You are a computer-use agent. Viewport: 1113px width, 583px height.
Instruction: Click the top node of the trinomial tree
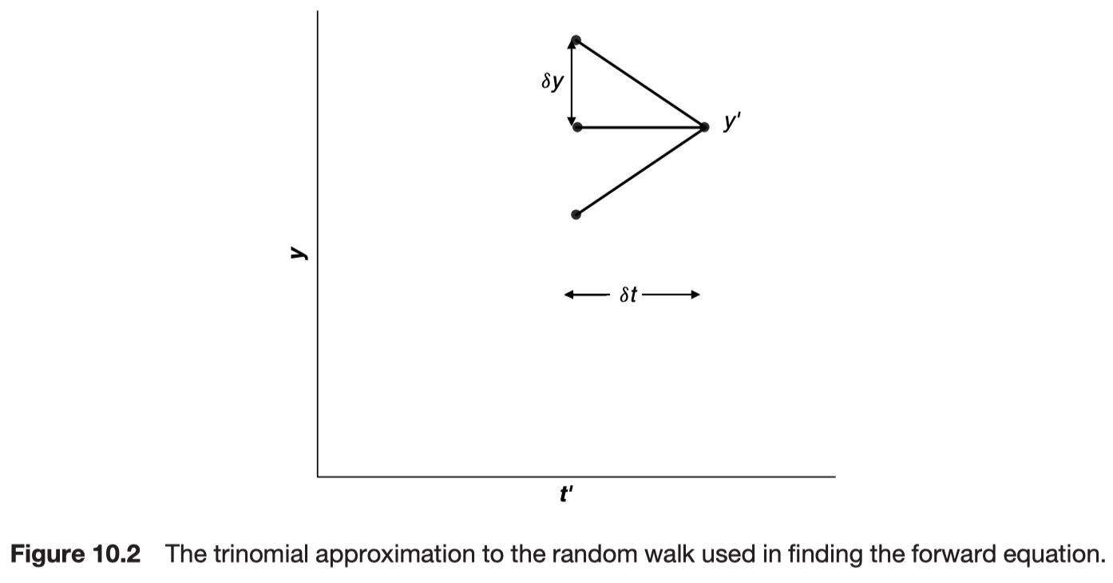click(x=576, y=40)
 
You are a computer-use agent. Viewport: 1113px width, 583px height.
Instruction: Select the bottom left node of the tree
click(x=576, y=214)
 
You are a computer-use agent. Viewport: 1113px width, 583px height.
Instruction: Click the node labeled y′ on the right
click(x=703, y=127)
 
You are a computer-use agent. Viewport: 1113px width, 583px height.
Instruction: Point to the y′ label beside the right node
click(x=731, y=123)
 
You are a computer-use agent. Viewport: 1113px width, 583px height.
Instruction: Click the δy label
click(x=552, y=81)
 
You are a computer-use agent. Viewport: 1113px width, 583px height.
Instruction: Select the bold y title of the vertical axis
click(x=298, y=253)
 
